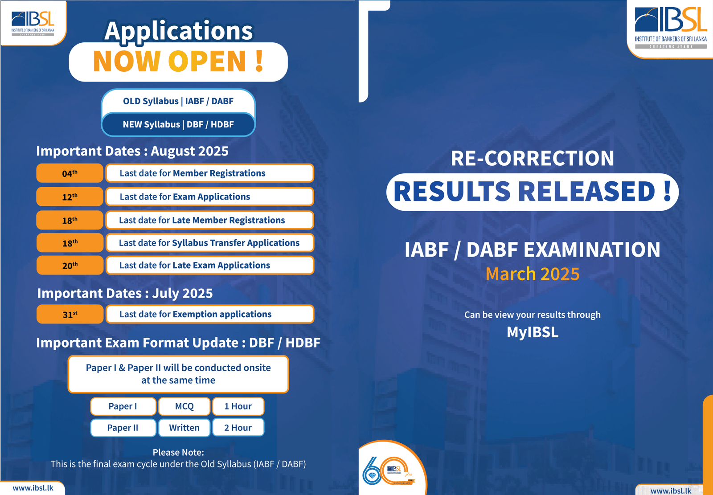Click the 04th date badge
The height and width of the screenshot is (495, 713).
click(x=70, y=173)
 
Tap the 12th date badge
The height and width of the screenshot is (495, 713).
click(x=70, y=197)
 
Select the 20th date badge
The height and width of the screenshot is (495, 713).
click(x=70, y=265)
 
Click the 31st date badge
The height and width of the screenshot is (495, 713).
click(x=70, y=314)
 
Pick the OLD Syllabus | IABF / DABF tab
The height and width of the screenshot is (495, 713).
click(x=178, y=101)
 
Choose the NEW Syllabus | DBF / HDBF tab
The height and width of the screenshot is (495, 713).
click(x=178, y=124)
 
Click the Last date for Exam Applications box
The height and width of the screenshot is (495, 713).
click(x=210, y=197)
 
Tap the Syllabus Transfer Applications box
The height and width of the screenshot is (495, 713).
click(x=210, y=243)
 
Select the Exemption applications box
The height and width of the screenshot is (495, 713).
click(x=210, y=314)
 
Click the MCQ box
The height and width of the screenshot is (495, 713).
click(x=184, y=406)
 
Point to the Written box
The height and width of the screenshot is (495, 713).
click(x=184, y=428)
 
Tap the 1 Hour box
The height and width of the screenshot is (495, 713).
click(x=238, y=406)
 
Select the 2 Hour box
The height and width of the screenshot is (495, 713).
click(x=238, y=428)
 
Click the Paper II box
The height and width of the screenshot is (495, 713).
click(x=123, y=428)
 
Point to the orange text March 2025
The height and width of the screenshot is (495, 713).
click(x=533, y=274)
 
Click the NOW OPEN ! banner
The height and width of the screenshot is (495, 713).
click(x=178, y=62)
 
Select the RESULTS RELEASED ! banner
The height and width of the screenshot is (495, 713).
click(x=533, y=192)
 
